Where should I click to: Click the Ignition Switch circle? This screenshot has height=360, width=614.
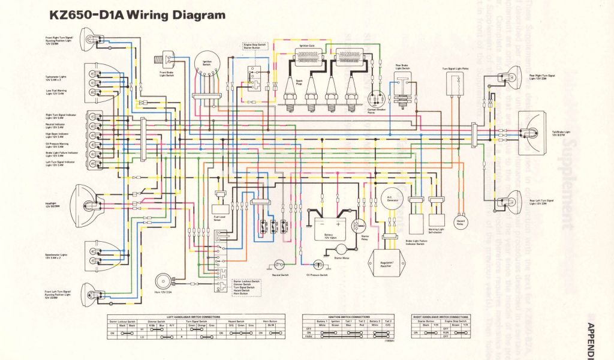coord(207,65)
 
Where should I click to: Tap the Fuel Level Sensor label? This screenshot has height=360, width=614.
coord(221,220)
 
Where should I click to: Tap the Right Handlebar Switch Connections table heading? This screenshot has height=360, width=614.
coord(441,316)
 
